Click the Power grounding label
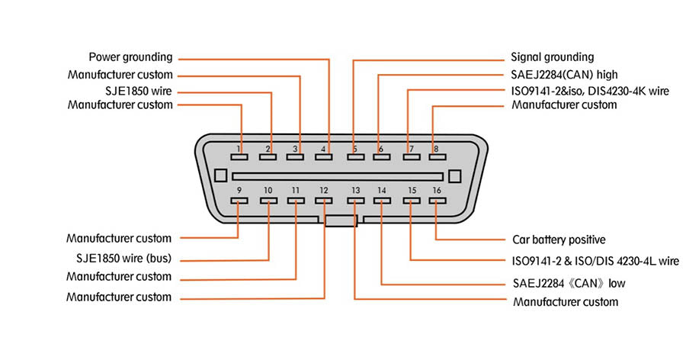tap(131, 57)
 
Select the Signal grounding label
tap(552, 57)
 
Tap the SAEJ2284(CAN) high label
tap(564, 75)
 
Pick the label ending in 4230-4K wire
tap(590, 91)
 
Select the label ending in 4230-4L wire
tap(595, 261)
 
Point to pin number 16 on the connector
tap(436, 190)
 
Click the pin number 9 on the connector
tap(239, 190)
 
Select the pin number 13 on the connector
tap(355, 190)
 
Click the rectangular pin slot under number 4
tap(324, 157)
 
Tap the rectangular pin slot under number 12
tap(324, 201)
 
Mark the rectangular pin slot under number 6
tap(380, 157)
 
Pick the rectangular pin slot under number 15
tap(412, 201)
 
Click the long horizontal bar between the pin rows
tap(338, 175)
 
